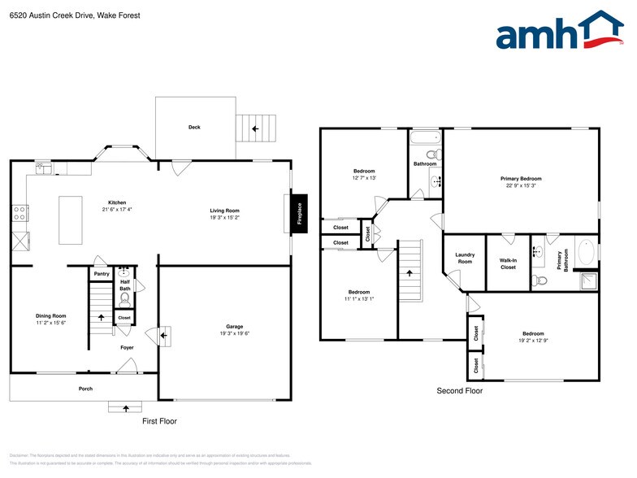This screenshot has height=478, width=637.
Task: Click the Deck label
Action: pos(194,127)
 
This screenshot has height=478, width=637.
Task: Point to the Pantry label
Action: pos(101,274)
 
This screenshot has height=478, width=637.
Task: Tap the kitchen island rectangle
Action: pos(71,219)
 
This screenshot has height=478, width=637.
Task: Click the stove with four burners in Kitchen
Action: pos(19,214)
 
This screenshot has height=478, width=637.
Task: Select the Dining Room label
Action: pos(50,315)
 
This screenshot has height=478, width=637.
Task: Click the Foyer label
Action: pos(127,347)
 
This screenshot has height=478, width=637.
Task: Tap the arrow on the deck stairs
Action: pos(255,128)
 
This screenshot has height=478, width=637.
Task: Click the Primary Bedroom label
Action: pos(520,178)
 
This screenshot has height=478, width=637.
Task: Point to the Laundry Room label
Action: pos(464,259)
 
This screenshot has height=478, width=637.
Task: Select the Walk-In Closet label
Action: pos(508,263)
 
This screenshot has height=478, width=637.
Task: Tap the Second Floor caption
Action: pos(459,391)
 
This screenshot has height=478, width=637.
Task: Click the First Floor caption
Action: pos(159,421)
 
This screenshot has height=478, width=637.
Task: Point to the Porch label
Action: pos(85,389)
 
